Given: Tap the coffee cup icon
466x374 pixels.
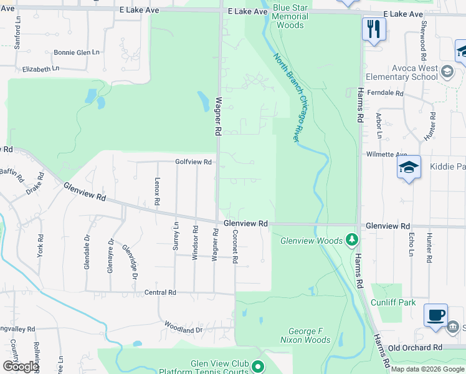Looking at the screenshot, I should (x=435, y=315).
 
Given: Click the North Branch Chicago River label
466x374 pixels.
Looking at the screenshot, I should (x=290, y=97).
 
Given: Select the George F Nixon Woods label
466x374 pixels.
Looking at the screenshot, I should (x=310, y=335).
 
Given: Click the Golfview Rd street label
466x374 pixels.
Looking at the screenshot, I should (x=194, y=162).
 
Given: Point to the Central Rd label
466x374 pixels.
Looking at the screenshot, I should (x=161, y=292).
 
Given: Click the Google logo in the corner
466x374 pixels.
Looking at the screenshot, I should (x=21, y=367).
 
